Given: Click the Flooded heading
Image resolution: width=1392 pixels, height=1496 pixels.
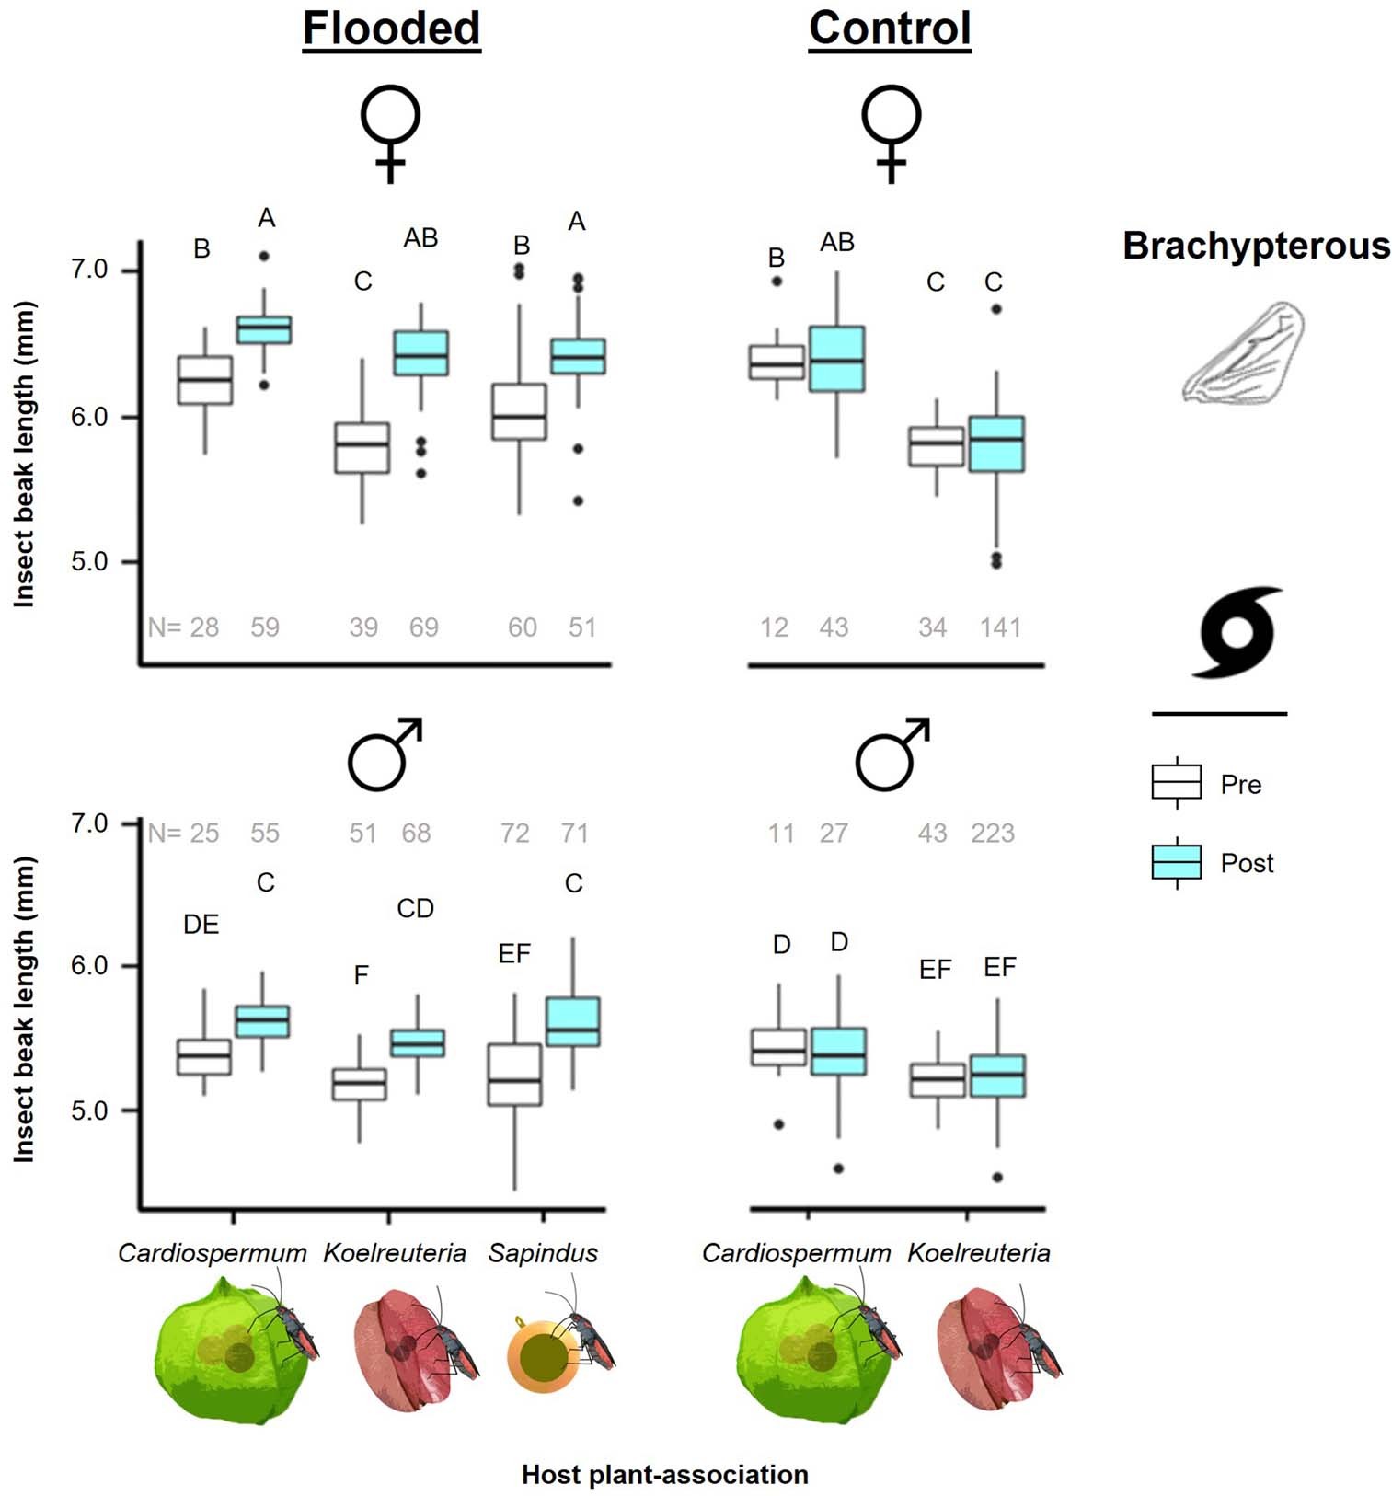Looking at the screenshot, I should [391, 29].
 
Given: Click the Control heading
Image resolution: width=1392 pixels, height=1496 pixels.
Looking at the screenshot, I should [890, 29].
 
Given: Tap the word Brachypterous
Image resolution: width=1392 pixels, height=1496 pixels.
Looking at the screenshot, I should [1256, 247].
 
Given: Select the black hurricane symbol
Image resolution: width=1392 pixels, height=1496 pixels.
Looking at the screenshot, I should [1237, 632].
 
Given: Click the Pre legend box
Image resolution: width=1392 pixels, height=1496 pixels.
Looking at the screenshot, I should [1176, 782].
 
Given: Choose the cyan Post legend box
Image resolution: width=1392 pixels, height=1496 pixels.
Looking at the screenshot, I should [1176, 862].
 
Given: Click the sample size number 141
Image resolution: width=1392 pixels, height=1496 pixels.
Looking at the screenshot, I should [1000, 627].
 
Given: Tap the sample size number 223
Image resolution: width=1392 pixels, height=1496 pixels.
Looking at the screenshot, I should [993, 833].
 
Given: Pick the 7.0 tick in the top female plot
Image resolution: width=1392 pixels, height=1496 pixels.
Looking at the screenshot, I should [90, 270].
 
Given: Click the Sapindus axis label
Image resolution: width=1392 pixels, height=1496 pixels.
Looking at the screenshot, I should [543, 1252].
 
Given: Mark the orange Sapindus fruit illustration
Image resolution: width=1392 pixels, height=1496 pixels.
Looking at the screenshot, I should [543, 1356].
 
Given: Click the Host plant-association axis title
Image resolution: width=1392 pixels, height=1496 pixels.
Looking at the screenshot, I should [664, 1474].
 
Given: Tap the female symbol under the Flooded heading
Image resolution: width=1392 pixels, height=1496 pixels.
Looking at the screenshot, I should [390, 133].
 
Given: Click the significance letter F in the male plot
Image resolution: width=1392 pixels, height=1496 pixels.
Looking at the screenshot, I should [362, 974].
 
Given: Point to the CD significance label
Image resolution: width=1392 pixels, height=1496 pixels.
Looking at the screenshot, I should [415, 908].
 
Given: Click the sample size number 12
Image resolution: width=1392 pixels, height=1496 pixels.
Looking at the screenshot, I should [774, 627].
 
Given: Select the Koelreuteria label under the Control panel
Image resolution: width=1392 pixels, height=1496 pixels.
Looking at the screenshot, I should [978, 1252].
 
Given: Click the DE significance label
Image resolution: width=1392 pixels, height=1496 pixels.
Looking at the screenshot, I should [201, 925].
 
